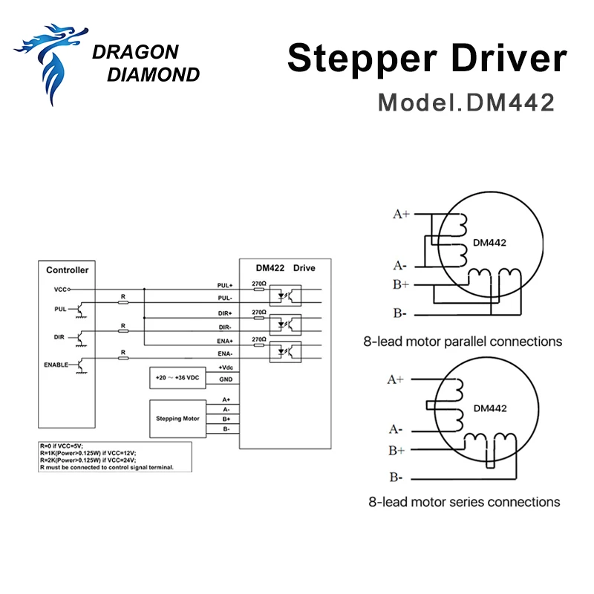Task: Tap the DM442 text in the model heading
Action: click(510, 102)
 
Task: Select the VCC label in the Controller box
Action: click(62, 289)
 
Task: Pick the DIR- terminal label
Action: click(226, 327)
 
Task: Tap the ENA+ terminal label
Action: click(225, 341)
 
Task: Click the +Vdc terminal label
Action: click(227, 368)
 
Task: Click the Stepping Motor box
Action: click(177, 419)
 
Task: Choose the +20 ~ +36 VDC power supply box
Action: click(177, 377)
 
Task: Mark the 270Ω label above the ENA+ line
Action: click(258, 339)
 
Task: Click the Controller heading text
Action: click(67, 270)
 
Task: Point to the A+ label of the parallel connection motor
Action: click(401, 215)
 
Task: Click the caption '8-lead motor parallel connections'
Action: click(462, 342)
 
